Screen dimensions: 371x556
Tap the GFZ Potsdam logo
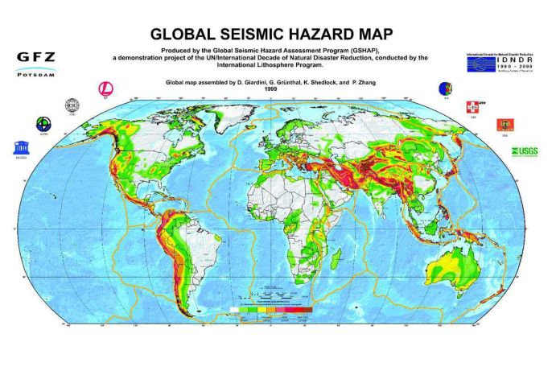click(35, 63)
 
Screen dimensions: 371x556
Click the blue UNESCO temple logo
click(19, 148)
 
